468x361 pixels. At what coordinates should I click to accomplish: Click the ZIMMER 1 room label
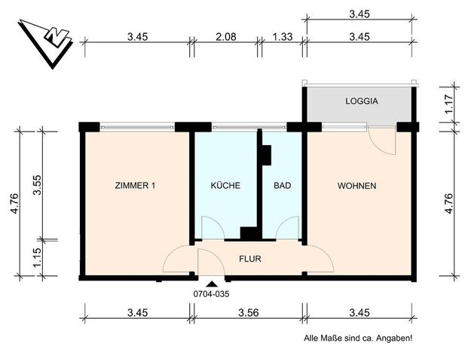[135, 186]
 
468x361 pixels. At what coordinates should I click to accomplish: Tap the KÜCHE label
[225, 186]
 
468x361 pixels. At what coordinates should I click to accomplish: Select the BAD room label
[283, 186]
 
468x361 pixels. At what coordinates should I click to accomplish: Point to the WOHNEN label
[356, 186]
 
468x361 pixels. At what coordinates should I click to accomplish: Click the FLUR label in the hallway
[250, 259]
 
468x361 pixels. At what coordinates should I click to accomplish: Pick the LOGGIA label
[361, 101]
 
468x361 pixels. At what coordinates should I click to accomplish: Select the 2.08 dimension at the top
[225, 36]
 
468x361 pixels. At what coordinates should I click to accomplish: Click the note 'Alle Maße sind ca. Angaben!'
[357, 339]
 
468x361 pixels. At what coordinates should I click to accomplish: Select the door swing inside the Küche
[212, 226]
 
